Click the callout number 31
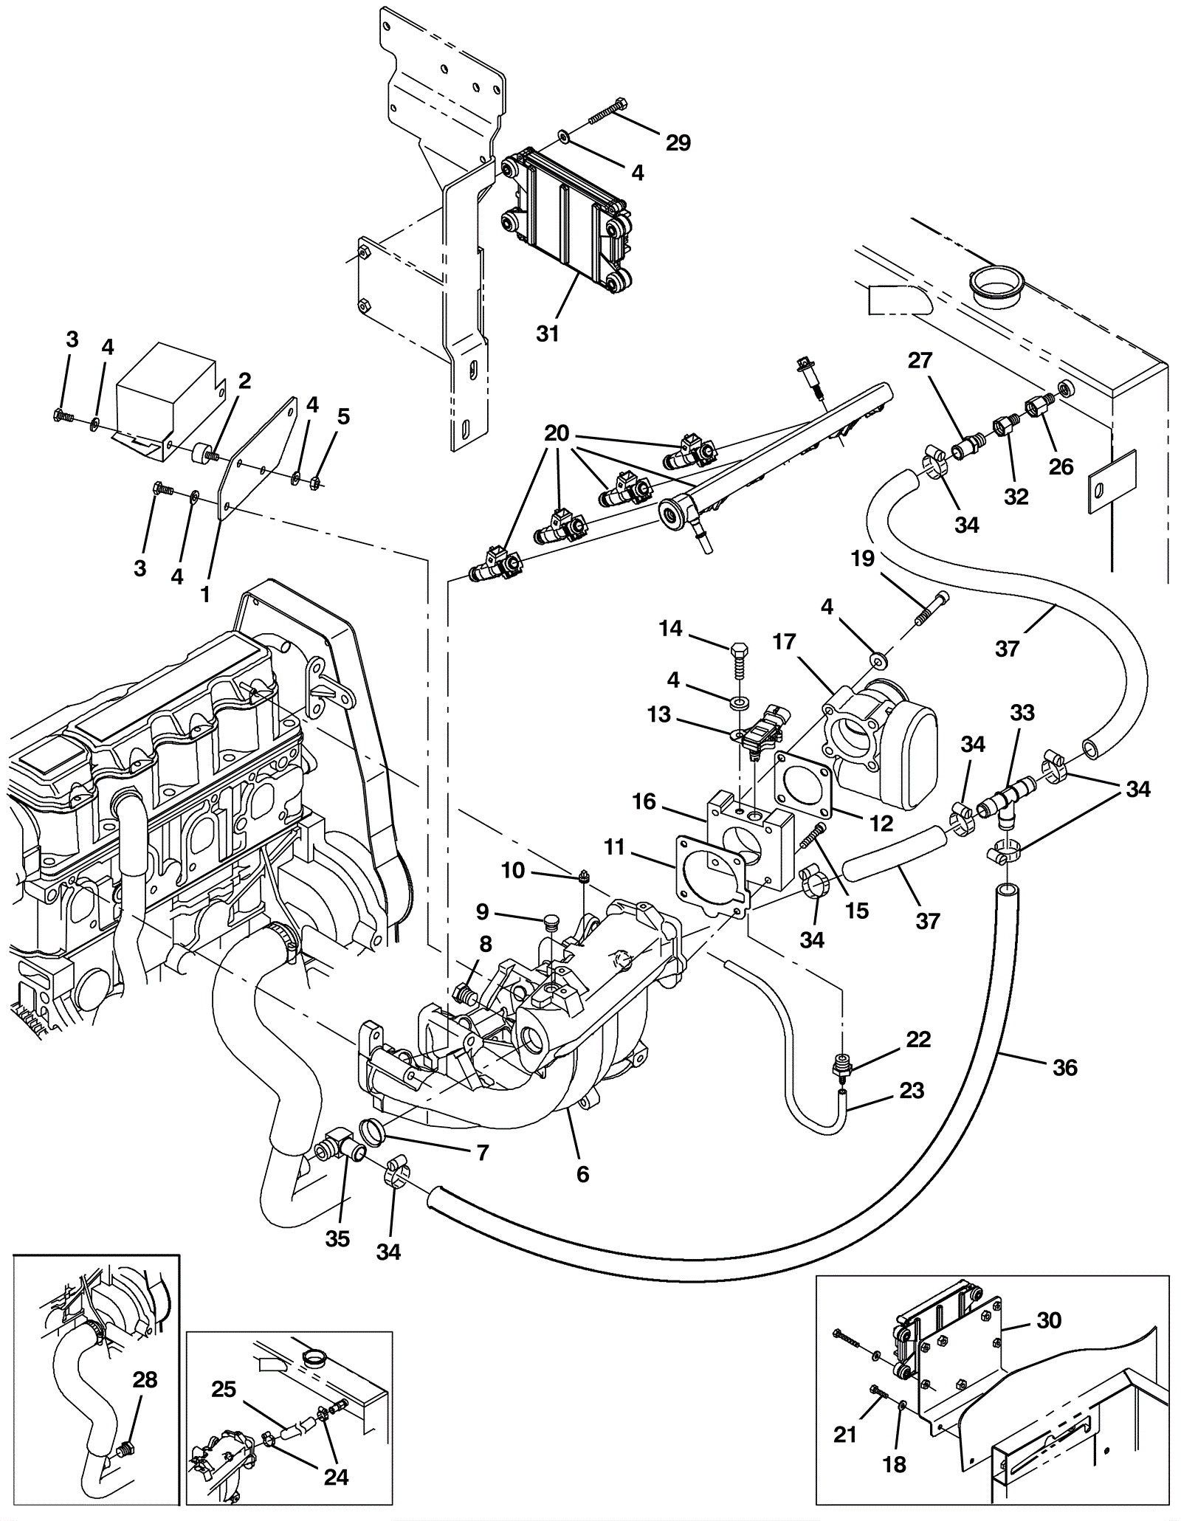coord(547,334)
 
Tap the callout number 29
coord(678,142)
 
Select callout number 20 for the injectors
coord(557,433)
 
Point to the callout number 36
coord(1065,1067)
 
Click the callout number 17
coord(785,642)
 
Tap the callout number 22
coord(918,1040)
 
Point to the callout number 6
coord(582,1174)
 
